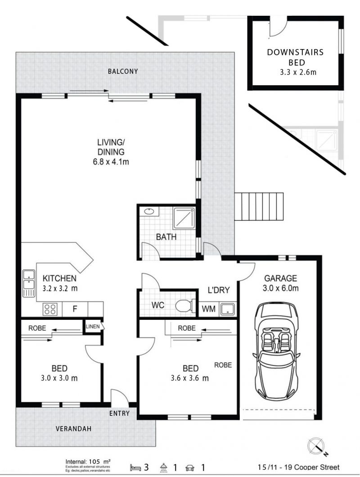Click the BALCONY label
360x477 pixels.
(x=123, y=72)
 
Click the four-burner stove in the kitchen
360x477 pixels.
(x=49, y=309)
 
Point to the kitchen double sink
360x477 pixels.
(x=28, y=283)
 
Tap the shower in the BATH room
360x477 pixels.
(x=184, y=218)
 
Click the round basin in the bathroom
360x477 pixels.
(x=149, y=211)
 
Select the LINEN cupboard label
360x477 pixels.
(x=93, y=327)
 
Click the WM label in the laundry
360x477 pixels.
(x=209, y=309)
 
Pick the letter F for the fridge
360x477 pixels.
(x=75, y=309)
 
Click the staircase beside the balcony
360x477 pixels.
(x=259, y=207)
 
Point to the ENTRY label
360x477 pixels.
(x=119, y=413)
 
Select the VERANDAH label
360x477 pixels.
(x=73, y=429)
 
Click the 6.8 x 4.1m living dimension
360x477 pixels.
(x=111, y=162)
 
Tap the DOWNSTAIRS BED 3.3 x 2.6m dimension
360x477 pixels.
(x=298, y=73)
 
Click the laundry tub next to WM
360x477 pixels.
(x=227, y=309)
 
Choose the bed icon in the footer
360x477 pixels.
(x=136, y=467)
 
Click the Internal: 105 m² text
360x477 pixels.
(x=88, y=462)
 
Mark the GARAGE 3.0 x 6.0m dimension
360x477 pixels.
(x=281, y=288)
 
